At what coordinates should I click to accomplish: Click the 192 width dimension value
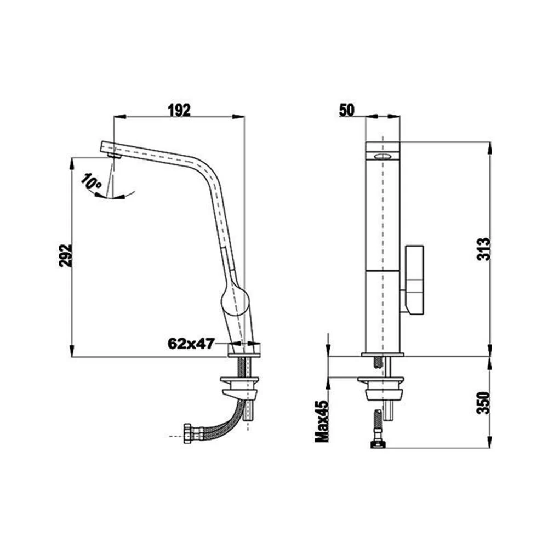179,110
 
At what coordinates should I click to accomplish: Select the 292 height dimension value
65,255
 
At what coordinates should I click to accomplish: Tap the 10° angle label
91,182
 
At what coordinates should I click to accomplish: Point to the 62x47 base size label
191,344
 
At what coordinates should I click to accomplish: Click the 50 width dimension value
347,110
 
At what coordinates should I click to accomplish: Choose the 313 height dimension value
484,249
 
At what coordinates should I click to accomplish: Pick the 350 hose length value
484,403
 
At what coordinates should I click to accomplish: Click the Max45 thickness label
322,421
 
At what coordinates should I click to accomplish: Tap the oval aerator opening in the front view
383,156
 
